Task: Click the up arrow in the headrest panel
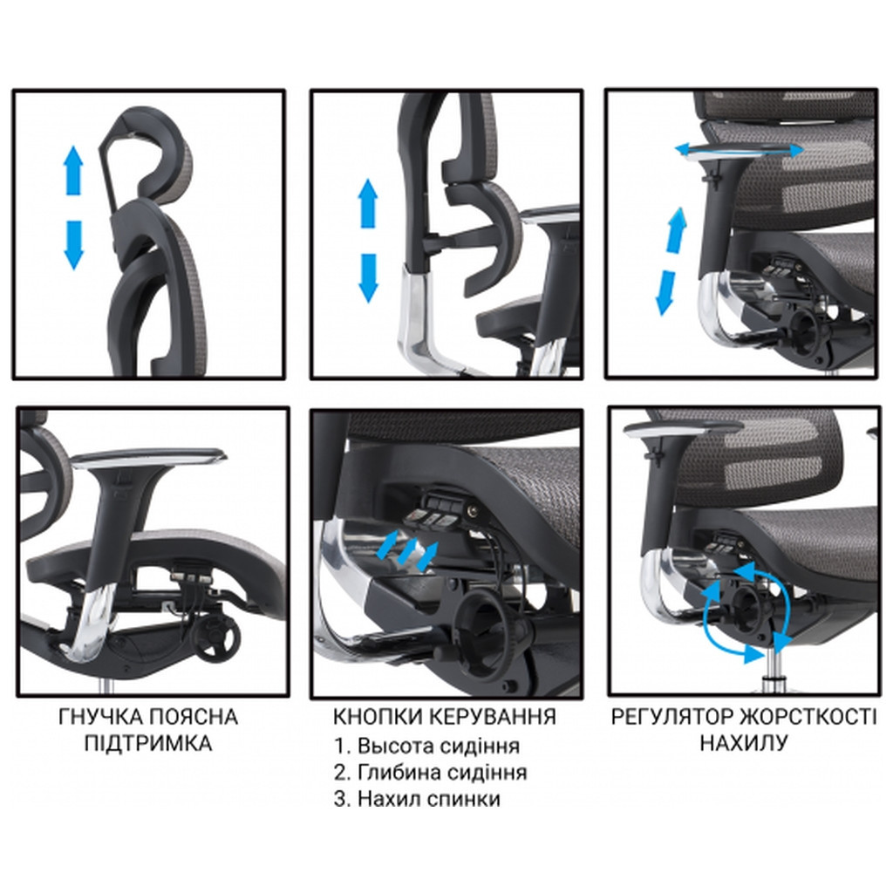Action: tap(73, 171)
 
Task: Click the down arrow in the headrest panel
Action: tap(73, 245)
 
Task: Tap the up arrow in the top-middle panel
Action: tap(369, 203)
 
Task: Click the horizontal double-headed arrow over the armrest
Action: tap(740, 150)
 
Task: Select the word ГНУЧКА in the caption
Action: tap(99, 717)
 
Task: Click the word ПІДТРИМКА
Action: tap(148, 743)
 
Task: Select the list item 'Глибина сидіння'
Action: tap(442, 773)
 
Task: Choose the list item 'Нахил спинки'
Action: tap(429, 799)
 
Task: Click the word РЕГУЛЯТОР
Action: tap(672, 717)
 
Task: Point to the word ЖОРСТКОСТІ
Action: tap(808, 717)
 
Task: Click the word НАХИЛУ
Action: tap(744, 743)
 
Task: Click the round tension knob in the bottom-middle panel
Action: tap(486, 625)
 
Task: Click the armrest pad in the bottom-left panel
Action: tap(148, 455)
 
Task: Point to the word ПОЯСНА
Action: tap(193, 717)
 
